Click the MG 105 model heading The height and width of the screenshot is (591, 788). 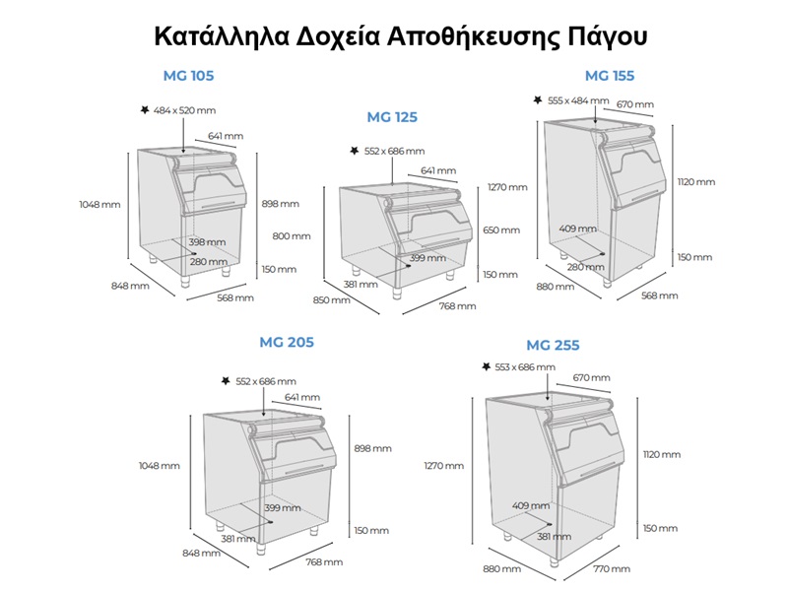pos(188,76)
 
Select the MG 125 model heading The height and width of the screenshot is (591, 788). pos(392,117)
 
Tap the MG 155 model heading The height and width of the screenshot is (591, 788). pos(610,76)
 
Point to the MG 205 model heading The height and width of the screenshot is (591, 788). pos(287,342)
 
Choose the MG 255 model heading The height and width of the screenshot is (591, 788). pos(553,346)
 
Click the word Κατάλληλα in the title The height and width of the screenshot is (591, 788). pos(222,36)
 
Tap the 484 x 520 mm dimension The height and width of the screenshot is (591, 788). pos(184,110)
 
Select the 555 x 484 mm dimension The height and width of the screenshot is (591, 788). pos(578,100)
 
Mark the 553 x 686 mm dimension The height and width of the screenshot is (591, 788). pos(525,366)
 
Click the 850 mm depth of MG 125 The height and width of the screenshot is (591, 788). pos(332,300)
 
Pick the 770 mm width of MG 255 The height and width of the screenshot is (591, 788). pos(612,569)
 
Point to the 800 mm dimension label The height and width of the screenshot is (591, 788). pos(292,235)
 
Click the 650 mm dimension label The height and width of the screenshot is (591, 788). pos(501,230)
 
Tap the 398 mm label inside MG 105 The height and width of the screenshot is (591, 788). pos(207,242)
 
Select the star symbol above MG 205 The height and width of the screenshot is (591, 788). pos(226,381)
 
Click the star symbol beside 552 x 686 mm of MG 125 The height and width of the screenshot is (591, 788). pos(355,151)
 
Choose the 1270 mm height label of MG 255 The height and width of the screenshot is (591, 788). pos(444,466)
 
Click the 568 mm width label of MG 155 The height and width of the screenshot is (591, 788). pos(659,295)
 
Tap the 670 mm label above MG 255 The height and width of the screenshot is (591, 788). pos(592,377)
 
